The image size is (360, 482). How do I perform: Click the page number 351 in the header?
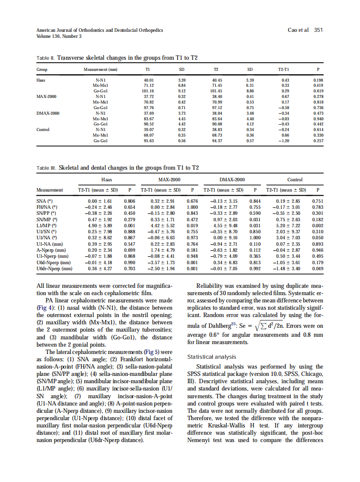click(x=318, y=30)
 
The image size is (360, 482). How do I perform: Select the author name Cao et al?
click(x=298, y=30)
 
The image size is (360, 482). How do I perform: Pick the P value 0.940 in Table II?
click(x=318, y=119)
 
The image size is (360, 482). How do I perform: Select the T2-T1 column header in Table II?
click(x=284, y=70)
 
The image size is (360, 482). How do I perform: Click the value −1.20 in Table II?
click(x=284, y=140)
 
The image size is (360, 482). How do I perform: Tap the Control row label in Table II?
click(x=43, y=129)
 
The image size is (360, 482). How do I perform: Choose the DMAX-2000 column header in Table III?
click(x=232, y=180)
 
